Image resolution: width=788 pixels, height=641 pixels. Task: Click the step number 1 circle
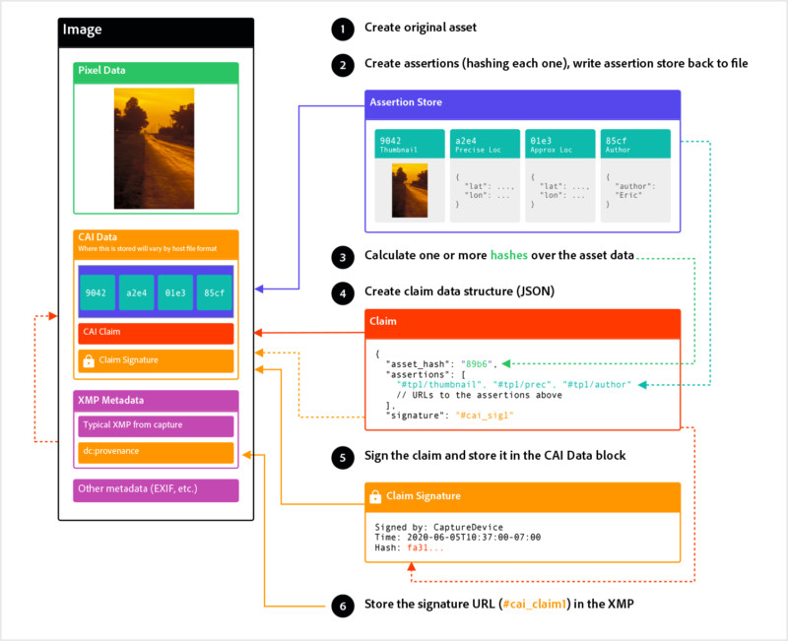point(343,29)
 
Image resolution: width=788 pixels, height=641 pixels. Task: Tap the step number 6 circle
point(343,606)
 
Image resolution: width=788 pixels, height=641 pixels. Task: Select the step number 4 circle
point(343,292)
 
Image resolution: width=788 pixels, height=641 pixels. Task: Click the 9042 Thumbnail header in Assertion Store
point(410,144)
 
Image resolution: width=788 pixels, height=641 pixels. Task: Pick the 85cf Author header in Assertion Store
point(635,144)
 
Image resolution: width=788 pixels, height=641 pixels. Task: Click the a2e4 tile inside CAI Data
point(136,292)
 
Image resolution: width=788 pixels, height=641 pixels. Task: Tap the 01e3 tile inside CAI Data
point(175,292)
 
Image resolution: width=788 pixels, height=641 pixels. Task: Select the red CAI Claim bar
point(156,333)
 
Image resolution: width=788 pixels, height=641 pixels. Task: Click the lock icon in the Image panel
point(89,360)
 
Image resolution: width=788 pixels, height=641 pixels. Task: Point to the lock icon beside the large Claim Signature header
point(375,496)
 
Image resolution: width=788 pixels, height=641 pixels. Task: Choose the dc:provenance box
point(156,452)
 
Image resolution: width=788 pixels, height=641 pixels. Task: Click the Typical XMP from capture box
point(156,426)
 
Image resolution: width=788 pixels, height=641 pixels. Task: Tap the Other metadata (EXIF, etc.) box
point(156,489)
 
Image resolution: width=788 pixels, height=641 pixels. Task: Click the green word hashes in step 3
point(509,255)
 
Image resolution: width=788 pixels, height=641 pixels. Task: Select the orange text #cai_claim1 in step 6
point(535,604)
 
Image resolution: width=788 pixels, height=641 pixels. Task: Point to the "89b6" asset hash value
point(476,364)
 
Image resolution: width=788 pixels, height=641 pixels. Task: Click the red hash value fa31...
point(426,547)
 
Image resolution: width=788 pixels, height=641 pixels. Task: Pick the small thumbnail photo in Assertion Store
point(410,190)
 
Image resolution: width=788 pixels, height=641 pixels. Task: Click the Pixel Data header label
point(101,70)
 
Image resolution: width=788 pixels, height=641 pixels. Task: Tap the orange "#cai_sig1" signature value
point(485,416)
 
